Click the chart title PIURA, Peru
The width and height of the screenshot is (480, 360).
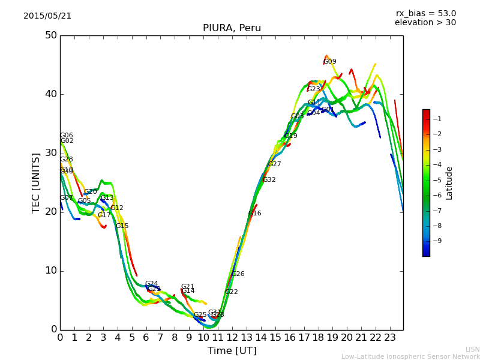pos(232,28)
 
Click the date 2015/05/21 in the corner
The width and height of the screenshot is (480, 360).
pos(47,16)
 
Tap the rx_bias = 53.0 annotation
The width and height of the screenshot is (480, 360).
pos(425,14)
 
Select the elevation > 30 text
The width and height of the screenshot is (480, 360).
pos(425,23)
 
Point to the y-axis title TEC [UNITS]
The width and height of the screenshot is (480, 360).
pos(36,182)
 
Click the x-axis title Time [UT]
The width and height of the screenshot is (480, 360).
pos(232,351)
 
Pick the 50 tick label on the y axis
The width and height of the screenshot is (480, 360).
pos(50,35)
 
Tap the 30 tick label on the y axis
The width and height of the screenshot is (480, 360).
pos(50,153)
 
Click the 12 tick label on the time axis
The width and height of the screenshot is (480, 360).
pos(232,338)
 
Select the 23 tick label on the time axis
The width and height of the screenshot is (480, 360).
pos(390,338)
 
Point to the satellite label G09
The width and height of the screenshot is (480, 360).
pos(330,62)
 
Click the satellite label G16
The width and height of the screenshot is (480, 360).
pos(255,214)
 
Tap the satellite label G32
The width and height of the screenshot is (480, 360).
pos(269,180)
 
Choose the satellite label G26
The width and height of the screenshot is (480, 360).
pos(238,274)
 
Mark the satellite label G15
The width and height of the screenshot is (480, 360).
pos(122,226)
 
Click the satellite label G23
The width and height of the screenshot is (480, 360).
pos(314,89)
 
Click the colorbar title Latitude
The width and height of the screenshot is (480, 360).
pos(449,183)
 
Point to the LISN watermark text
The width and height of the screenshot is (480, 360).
pos(473,349)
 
